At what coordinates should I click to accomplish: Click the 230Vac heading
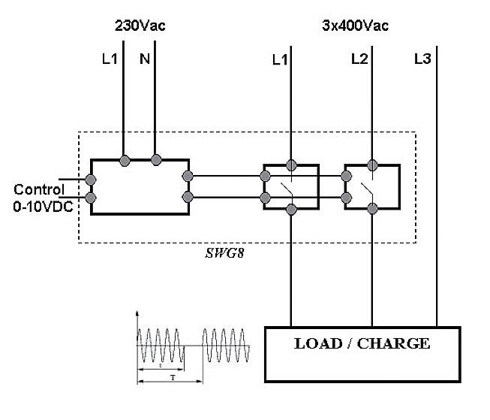[140, 26]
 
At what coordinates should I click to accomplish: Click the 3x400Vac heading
[355, 26]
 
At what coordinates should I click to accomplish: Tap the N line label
[145, 59]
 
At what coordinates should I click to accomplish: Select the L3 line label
[422, 59]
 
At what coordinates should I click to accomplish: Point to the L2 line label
[359, 59]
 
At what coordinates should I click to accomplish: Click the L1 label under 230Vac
[110, 59]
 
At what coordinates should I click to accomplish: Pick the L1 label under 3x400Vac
[280, 59]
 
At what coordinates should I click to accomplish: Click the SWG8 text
[225, 253]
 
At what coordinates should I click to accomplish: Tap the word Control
[38, 189]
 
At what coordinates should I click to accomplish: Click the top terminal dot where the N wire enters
[156, 159]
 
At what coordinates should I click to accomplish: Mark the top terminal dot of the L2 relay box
[371, 165]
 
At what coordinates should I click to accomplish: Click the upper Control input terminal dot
[91, 180]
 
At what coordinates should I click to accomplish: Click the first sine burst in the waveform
[161, 346]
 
